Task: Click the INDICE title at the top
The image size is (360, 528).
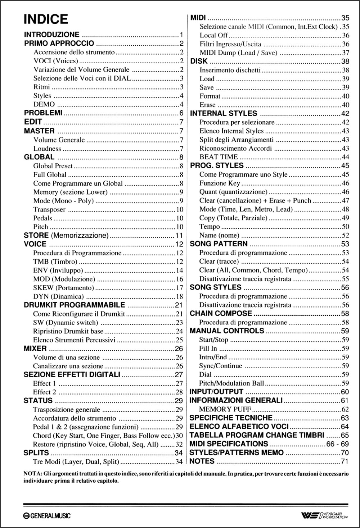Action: (46, 19)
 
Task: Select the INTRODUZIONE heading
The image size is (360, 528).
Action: (51, 35)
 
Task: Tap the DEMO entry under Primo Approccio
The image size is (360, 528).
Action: (44, 104)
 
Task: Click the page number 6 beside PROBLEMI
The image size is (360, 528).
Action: (181, 113)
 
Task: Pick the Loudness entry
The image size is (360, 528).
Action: (47, 149)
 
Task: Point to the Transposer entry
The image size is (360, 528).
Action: (49, 209)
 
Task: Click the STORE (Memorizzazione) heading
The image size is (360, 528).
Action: (66, 236)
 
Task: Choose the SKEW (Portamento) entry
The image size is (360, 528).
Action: (63, 288)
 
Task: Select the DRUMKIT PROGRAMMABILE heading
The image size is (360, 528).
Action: (74, 305)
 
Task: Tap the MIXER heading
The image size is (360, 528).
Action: (35, 349)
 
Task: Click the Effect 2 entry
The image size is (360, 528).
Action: (45, 392)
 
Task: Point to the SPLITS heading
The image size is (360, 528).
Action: (36, 453)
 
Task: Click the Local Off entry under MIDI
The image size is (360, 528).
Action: (214, 35)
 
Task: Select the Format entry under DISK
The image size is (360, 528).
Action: (210, 96)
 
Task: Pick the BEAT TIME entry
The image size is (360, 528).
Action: (219, 157)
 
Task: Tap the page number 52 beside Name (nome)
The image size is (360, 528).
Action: (345, 235)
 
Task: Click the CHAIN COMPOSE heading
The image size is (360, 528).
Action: (221, 314)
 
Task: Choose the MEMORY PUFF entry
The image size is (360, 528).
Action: (225, 409)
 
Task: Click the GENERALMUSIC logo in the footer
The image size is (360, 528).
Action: (47, 516)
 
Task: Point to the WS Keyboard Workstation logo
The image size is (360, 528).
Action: (324, 516)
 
